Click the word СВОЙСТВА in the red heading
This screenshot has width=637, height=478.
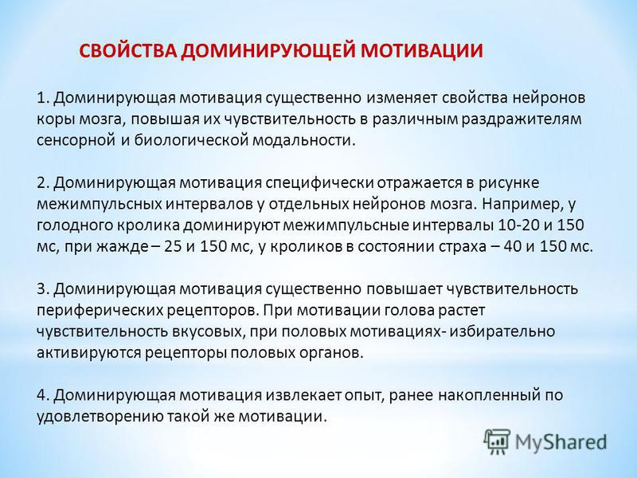(x=127, y=51)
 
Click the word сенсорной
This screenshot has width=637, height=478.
(x=76, y=141)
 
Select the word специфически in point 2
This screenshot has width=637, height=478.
(x=319, y=183)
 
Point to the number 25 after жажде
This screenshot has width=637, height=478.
(x=173, y=247)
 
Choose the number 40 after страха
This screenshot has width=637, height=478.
(x=512, y=247)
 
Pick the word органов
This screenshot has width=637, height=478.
(x=335, y=353)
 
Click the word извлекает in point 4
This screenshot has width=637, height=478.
(x=304, y=395)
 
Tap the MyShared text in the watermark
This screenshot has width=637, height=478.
(x=561, y=442)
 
